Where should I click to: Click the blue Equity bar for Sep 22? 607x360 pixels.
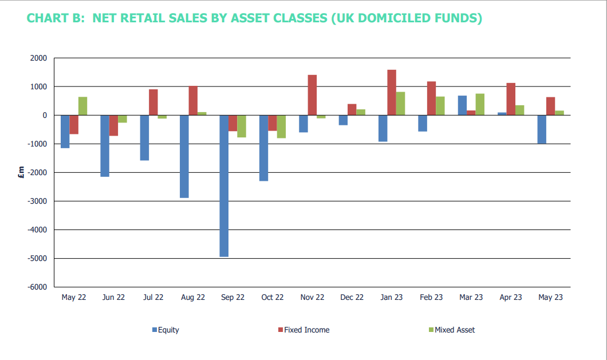point(224,186)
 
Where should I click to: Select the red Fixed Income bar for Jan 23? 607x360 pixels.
point(391,93)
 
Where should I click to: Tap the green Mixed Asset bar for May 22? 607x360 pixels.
point(82,106)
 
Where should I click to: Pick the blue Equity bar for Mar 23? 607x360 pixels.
point(462,105)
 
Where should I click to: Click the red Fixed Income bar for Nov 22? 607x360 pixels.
point(312,95)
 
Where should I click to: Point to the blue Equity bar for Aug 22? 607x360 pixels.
point(184,156)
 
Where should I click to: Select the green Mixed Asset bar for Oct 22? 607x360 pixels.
point(281,126)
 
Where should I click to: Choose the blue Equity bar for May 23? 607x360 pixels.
point(542,129)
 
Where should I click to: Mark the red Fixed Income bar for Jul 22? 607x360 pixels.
point(153,102)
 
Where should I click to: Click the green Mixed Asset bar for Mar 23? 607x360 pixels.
point(480,105)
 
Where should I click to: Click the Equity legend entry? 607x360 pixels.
point(165,330)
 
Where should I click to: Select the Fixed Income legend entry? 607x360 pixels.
point(304,330)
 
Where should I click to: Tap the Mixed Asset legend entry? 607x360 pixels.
point(452,330)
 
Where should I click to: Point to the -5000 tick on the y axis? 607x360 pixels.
point(37,258)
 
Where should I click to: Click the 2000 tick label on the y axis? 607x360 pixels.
point(39,58)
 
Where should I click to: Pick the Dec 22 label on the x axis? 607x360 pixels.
point(352,297)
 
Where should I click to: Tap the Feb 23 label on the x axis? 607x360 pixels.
point(431,297)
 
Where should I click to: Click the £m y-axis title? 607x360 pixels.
point(21,172)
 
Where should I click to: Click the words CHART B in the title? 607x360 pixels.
point(56,18)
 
